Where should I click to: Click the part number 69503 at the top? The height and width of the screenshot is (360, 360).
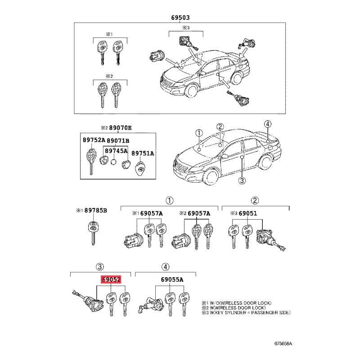pyautogui.click(x=180, y=18)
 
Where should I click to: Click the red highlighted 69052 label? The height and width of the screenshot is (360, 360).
pyautogui.click(x=111, y=279)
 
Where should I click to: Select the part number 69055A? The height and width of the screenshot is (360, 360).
pyautogui.click(x=172, y=279)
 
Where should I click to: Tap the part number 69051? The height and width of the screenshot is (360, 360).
pyautogui.click(x=248, y=213)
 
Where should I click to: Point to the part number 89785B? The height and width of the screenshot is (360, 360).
pyautogui.click(x=96, y=210)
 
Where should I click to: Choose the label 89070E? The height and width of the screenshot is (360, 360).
pyautogui.click(x=120, y=128)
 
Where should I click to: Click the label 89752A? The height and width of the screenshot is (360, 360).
pyautogui.click(x=94, y=140)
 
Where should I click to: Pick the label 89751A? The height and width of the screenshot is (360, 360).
pyautogui.click(x=143, y=153)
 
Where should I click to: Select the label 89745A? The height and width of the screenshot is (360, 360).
pyautogui.click(x=116, y=151)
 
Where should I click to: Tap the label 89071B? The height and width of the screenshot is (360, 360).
pyautogui.click(x=118, y=140)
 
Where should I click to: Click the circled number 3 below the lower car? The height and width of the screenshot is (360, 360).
pyautogui.click(x=242, y=180)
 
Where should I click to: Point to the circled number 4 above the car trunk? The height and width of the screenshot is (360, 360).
pyautogui.click(x=267, y=124)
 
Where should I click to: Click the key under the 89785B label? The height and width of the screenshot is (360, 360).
pyautogui.click(x=93, y=233)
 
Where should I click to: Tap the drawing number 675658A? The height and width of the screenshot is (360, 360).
pyautogui.click(x=283, y=343)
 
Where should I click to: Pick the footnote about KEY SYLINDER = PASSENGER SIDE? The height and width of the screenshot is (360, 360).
pyautogui.click(x=246, y=312)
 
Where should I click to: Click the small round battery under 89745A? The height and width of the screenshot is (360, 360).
pyautogui.click(x=113, y=162)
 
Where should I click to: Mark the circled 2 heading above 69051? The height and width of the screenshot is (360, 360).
pyautogui.click(x=255, y=200)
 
